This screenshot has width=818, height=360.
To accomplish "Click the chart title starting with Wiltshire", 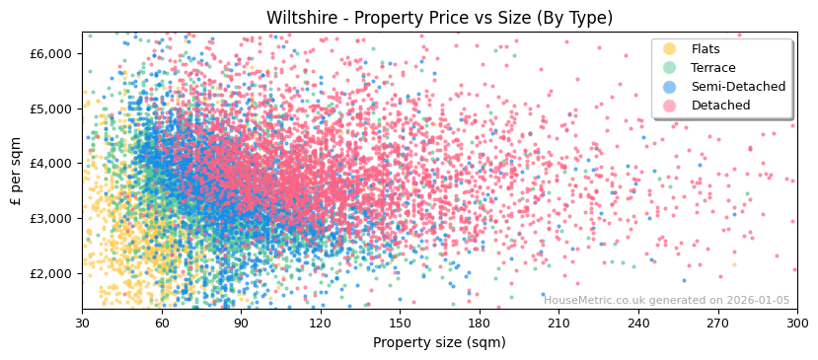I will point(439,18).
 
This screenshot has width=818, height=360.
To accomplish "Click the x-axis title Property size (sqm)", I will point(439,342).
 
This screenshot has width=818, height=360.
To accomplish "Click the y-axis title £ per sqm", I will point(16,171).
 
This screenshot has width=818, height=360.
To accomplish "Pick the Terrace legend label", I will point(713,68).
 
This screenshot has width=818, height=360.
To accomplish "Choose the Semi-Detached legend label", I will point(738,87).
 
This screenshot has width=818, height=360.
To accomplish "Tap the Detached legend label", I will point(720,106).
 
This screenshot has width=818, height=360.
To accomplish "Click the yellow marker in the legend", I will point(670,49).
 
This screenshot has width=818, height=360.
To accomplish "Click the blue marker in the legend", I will point(670,87).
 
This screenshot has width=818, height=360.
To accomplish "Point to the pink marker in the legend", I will point(670,106).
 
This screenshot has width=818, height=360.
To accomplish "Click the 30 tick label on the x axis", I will point(83,323).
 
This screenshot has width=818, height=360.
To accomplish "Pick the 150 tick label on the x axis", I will point(400,323).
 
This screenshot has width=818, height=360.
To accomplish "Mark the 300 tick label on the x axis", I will point(796,323).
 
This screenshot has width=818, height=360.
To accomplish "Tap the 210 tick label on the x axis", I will point(558,323).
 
